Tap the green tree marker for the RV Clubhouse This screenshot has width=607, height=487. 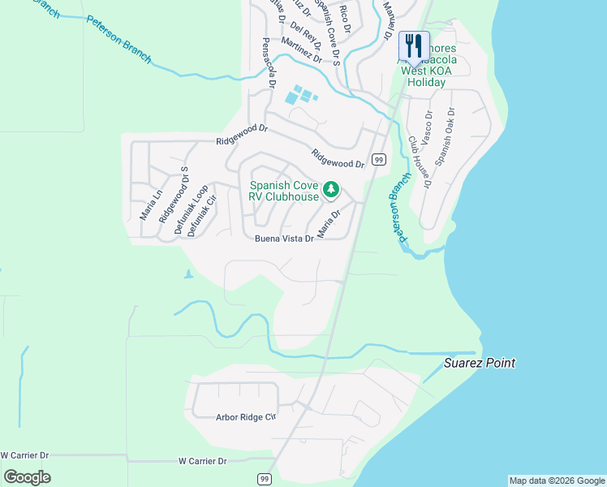click(331, 190)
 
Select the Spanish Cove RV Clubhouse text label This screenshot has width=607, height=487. click(284, 191)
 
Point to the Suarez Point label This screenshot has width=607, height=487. click(480, 364)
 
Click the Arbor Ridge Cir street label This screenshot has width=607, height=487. click(246, 417)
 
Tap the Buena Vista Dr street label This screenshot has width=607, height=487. click(284, 239)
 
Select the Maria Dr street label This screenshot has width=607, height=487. click(328, 221)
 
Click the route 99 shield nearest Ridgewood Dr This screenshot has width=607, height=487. click(378, 160)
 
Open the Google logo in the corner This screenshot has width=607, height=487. click(27, 476)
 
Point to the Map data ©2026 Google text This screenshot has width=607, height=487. click(557, 481)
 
